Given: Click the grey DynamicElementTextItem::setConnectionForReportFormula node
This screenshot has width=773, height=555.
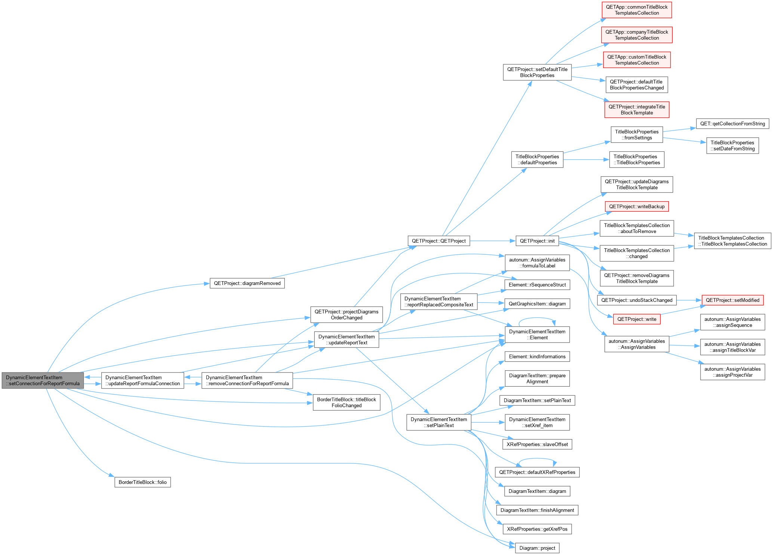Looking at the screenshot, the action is pos(43,380).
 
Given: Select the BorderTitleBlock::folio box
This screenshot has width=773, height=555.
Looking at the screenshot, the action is pos(142,482).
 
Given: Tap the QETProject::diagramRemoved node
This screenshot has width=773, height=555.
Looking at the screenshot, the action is pos(247,283).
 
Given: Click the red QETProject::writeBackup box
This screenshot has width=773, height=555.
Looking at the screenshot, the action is pos(637,206).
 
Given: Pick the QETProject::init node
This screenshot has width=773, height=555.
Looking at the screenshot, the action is pos(537,241).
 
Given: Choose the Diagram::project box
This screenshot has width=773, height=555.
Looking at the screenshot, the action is pos(537,548).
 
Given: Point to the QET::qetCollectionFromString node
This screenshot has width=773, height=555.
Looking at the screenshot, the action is pos(733,123).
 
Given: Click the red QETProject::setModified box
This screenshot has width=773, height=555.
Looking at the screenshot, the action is pos(733,300).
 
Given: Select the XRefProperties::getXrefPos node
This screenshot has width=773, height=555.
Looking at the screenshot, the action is pos(537,529).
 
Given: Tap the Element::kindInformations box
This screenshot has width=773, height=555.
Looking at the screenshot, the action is pos(537,356).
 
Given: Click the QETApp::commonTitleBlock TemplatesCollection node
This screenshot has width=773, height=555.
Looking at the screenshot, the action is pos(637,10).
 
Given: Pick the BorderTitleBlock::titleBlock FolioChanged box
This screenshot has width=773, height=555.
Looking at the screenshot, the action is pos(347,402).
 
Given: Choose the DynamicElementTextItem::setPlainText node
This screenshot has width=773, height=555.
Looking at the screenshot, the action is pos(439,422).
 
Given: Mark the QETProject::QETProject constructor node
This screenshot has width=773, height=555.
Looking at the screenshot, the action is pos(439,241).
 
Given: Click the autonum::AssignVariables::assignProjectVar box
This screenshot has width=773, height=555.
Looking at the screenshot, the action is pos(733,372).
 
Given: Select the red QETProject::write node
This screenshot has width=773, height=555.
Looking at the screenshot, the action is pos(637,319).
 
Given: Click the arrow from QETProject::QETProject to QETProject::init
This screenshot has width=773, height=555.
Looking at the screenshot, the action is pos(493,241).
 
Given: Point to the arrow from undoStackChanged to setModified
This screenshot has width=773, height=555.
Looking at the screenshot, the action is pos(689,300).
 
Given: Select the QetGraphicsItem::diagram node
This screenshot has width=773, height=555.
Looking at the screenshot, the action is pos(537,304).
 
